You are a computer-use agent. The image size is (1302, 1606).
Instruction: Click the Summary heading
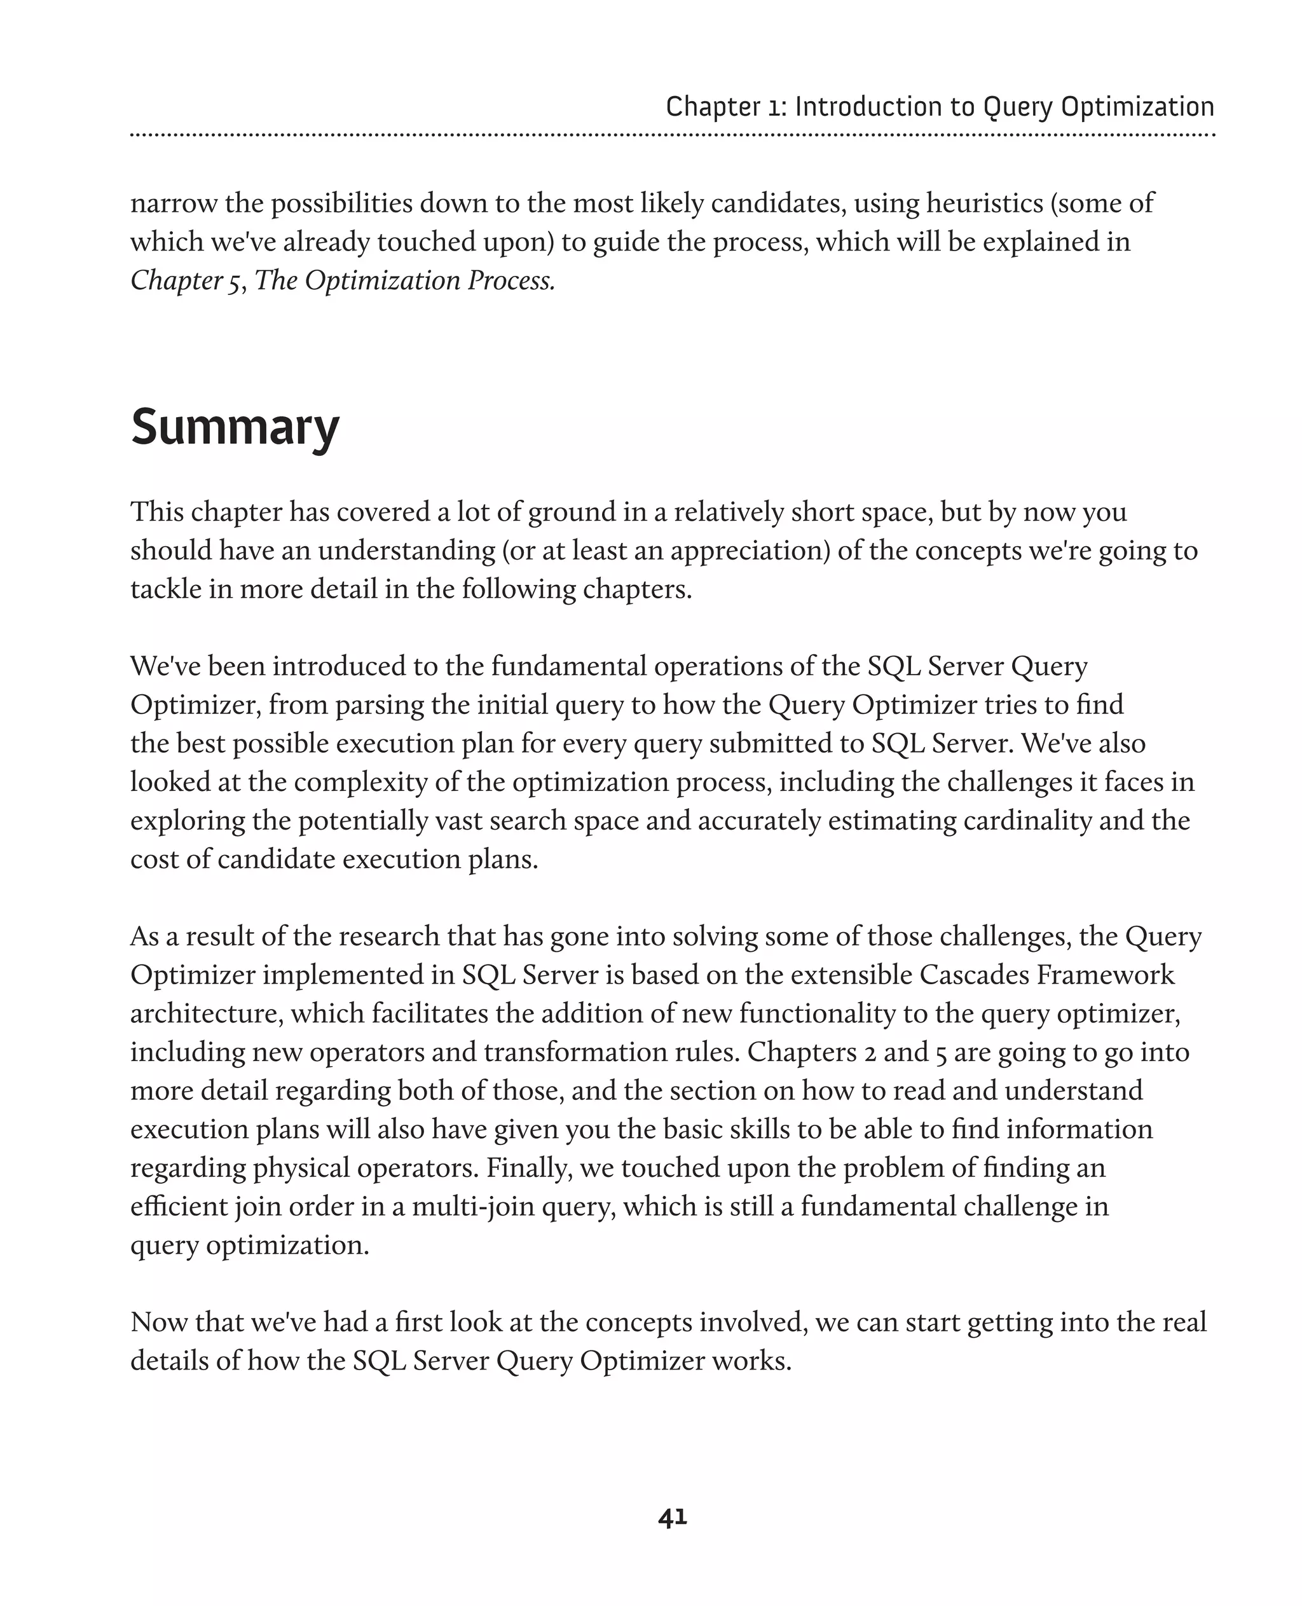click(x=235, y=427)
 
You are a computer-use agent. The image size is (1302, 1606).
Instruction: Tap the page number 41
click(x=672, y=1518)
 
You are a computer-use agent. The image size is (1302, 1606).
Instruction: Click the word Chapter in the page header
click(x=712, y=107)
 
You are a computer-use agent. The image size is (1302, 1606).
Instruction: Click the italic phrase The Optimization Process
click(x=405, y=280)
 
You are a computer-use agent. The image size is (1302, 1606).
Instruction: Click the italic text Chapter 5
click(x=186, y=280)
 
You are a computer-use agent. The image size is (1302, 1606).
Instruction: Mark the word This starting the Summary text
click(x=157, y=512)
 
